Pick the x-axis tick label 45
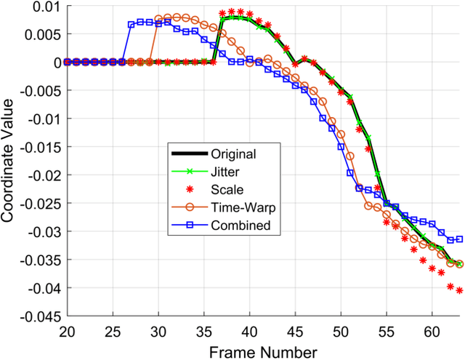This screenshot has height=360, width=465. [296, 332]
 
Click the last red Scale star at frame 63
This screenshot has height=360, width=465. [459, 291]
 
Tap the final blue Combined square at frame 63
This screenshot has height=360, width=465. [459, 239]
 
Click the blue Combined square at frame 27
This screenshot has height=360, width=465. [132, 24]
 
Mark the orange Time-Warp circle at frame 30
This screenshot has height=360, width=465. [158, 19]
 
